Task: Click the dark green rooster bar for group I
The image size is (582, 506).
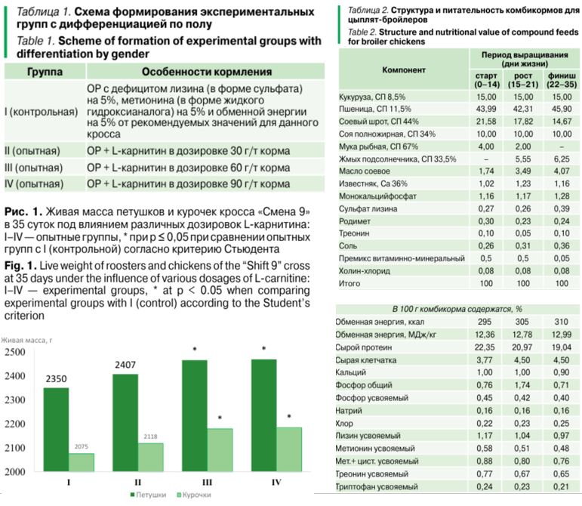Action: [x=56, y=430]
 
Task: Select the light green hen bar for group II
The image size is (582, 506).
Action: [x=151, y=458]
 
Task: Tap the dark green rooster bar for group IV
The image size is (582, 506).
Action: [x=264, y=415]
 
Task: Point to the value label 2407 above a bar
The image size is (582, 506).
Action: [x=125, y=365]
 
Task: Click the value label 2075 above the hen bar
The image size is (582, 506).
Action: [x=82, y=446]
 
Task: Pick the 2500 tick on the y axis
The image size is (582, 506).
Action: [x=15, y=352]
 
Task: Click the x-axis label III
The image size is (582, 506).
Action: [x=207, y=483]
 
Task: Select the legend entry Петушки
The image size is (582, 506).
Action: [x=148, y=495]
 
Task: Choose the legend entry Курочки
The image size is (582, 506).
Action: [x=194, y=495]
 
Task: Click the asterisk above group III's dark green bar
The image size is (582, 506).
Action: [x=195, y=350]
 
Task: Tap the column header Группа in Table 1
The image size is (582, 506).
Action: [x=45, y=72]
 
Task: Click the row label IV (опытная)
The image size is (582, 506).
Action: [x=34, y=184]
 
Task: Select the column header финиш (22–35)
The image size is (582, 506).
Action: [x=562, y=80]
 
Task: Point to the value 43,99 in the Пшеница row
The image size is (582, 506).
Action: [x=486, y=110]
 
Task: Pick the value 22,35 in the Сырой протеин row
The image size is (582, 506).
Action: [x=485, y=347]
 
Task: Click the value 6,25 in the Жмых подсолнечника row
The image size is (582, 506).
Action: [x=562, y=159]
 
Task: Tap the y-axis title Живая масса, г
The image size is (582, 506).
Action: [x=26, y=340]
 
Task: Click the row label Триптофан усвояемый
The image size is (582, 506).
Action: [x=377, y=486]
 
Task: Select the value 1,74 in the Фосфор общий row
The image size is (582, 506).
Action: [x=522, y=385]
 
